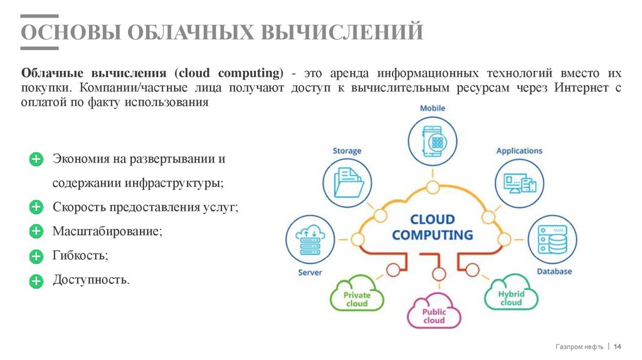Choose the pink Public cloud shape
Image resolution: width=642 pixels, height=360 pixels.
[x=434, y=314]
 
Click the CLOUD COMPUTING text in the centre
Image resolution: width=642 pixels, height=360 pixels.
[x=433, y=228]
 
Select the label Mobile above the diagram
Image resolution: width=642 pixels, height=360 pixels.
[x=433, y=109]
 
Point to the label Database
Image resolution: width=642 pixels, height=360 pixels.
[x=554, y=272]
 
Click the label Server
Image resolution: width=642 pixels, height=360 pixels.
[x=310, y=273]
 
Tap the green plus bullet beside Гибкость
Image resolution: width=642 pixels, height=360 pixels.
[x=36, y=256]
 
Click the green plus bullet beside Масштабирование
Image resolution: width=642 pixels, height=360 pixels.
[x=36, y=231]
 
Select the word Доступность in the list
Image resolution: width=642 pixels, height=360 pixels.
[x=91, y=279]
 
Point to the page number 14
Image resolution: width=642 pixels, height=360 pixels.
[x=617, y=347]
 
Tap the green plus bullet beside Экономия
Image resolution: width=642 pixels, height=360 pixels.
[x=36, y=159]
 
